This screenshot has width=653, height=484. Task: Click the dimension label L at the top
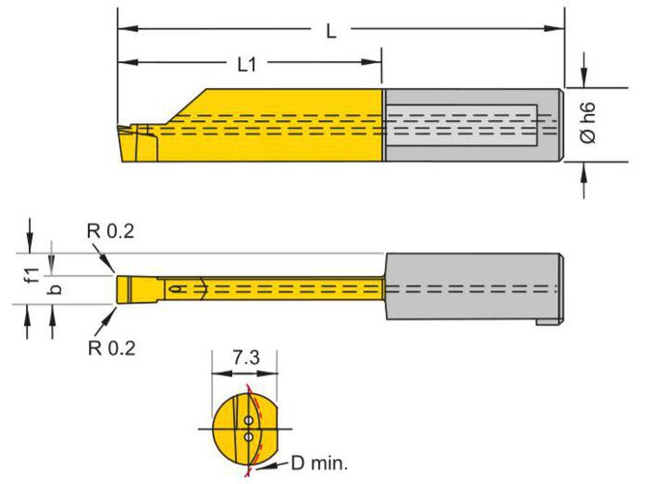[331, 30]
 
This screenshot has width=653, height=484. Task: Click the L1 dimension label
[248, 65]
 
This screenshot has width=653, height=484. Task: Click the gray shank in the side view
[474, 126]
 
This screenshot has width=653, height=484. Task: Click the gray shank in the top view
[474, 288]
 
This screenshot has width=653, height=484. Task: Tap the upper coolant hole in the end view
[250, 420]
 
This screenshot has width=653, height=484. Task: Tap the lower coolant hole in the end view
[250, 437]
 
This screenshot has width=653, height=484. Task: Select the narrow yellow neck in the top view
[290, 288]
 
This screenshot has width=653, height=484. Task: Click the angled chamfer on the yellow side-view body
[184, 106]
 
